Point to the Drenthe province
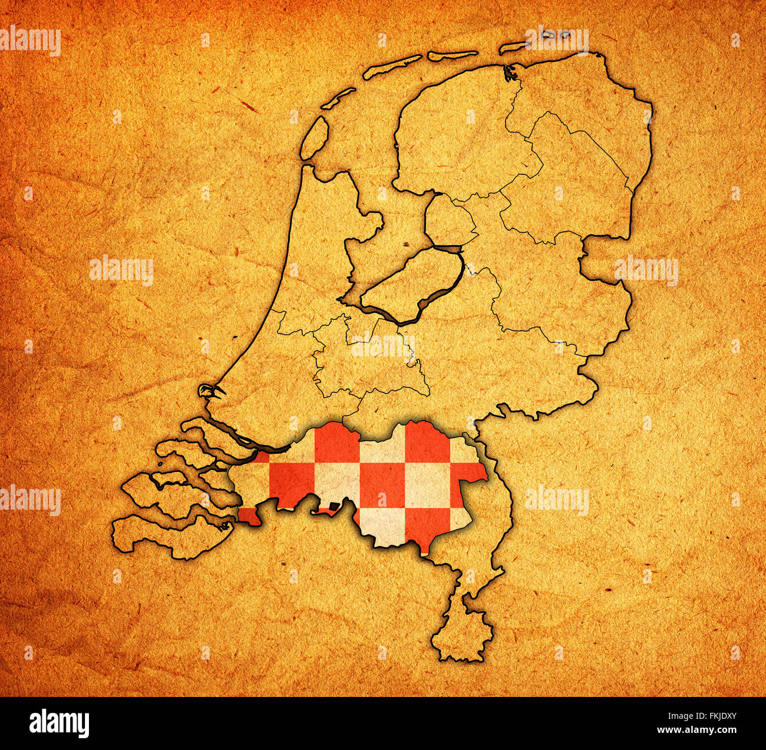coord(566,189)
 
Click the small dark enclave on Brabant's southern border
coord(334,505)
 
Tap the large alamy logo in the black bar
coord(59,722)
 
